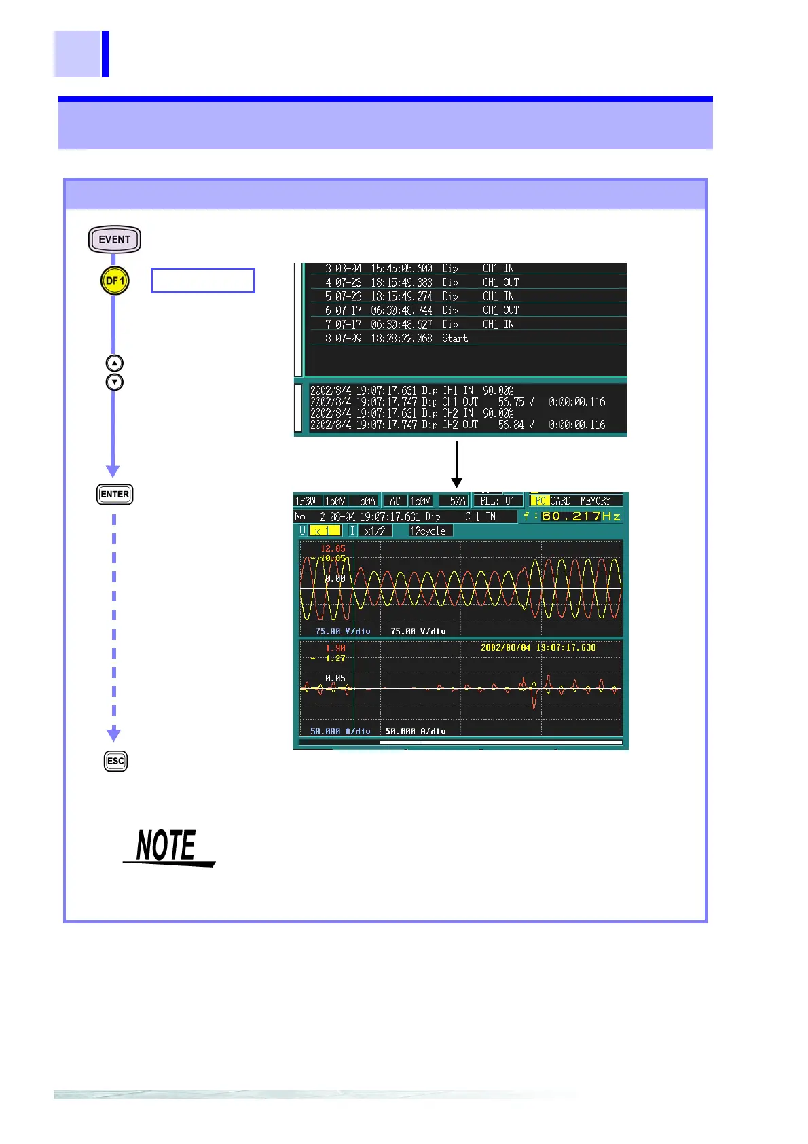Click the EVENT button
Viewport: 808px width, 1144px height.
tap(114, 239)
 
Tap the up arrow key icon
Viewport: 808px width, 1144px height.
tap(115, 363)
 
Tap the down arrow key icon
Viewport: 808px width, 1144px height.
tap(115, 382)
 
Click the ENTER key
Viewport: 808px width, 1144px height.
tap(115, 494)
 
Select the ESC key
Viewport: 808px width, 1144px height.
tap(115, 761)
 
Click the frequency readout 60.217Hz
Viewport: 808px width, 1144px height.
tap(571, 516)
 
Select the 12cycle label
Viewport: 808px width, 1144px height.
tap(428, 531)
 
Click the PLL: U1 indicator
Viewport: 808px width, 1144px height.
tap(497, 501)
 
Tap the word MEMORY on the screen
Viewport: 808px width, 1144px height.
tap(595, 501)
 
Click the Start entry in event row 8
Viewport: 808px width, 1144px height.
tap(455, 338)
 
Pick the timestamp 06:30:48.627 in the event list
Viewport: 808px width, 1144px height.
tap(401, 324)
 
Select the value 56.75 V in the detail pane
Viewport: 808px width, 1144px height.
tap(516, 402)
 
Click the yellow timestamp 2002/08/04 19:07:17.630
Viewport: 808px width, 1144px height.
tap(538, 647)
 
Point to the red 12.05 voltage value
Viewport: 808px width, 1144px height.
tap(333, 548)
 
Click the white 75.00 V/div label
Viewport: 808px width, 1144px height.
tap(418, 631)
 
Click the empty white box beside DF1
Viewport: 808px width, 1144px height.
tap(203, 281)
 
